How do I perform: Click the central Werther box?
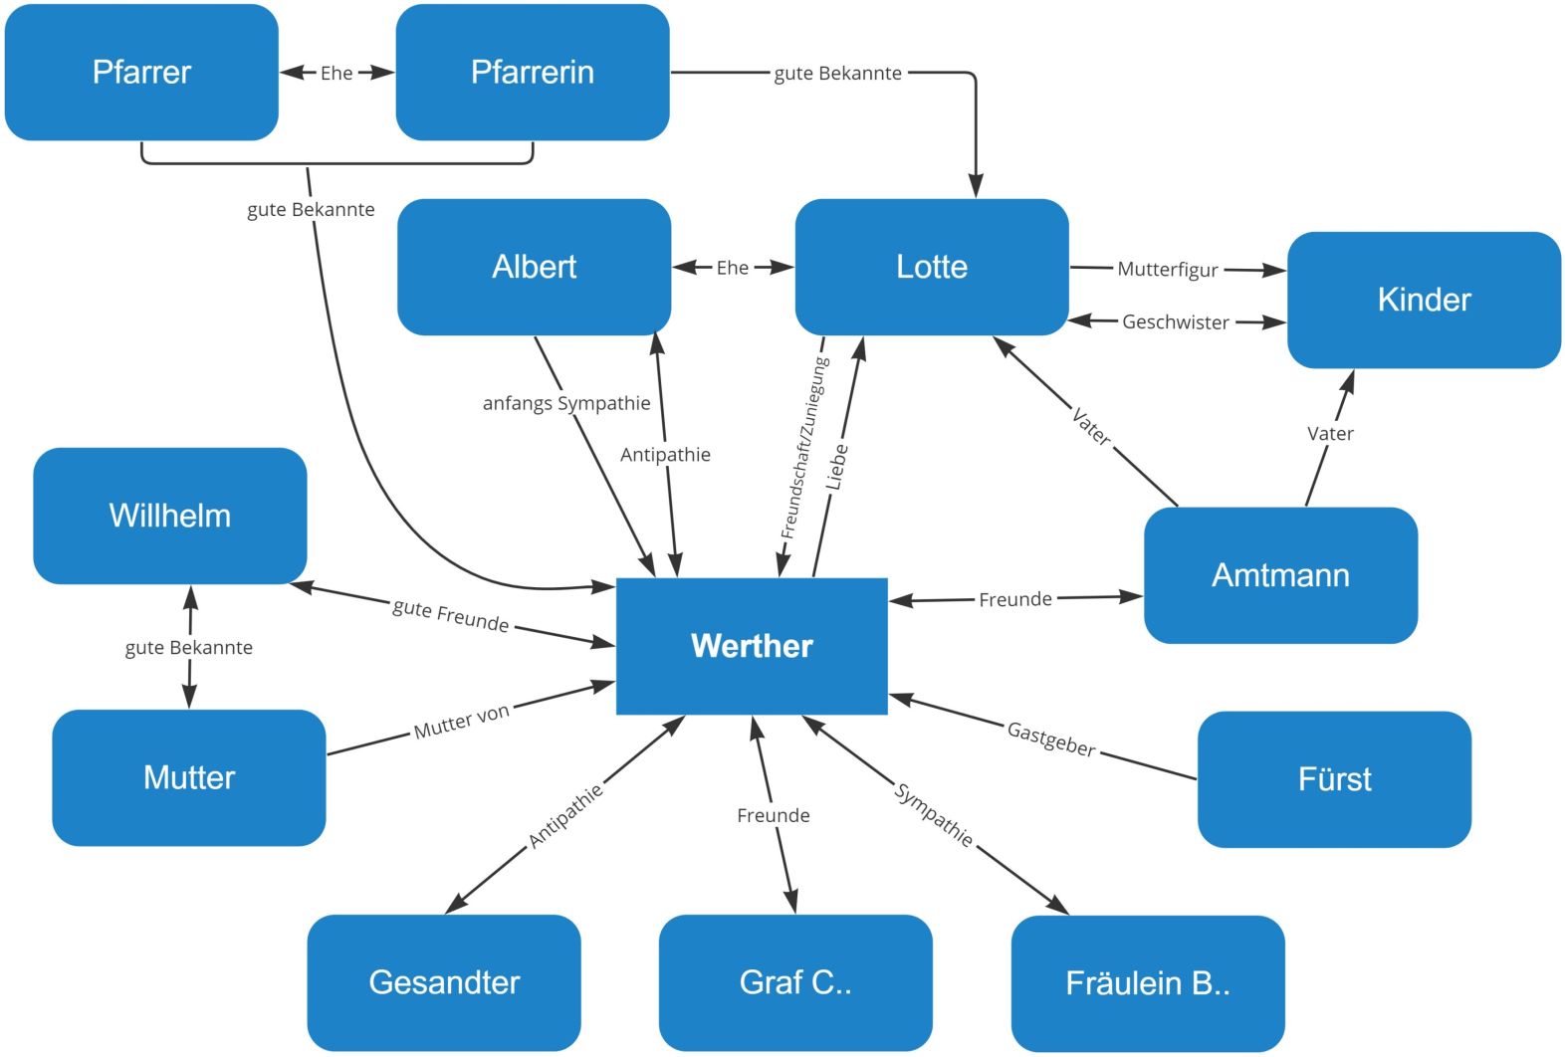point(752,646)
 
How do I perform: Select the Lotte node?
point(932,267)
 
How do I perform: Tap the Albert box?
point(534,267)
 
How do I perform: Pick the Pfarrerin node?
point(533,72)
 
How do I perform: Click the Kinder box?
point(1424,300)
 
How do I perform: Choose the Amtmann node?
point(1280,575)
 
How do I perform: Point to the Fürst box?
point(1334,779)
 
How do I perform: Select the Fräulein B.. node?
point(1148,983)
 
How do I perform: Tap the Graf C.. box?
point(795,982)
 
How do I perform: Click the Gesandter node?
point(444,982)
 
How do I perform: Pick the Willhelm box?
point(170,516)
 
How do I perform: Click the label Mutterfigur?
point(1168,269)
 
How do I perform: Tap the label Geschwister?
point(1176,322)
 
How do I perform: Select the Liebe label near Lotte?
point(838,466)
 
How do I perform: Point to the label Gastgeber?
point(1051,739)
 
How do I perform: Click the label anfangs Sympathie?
point(566,403)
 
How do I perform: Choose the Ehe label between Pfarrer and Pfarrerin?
point(336,73)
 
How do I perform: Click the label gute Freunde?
point(451,615)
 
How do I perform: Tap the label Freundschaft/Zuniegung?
point(804,448)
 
